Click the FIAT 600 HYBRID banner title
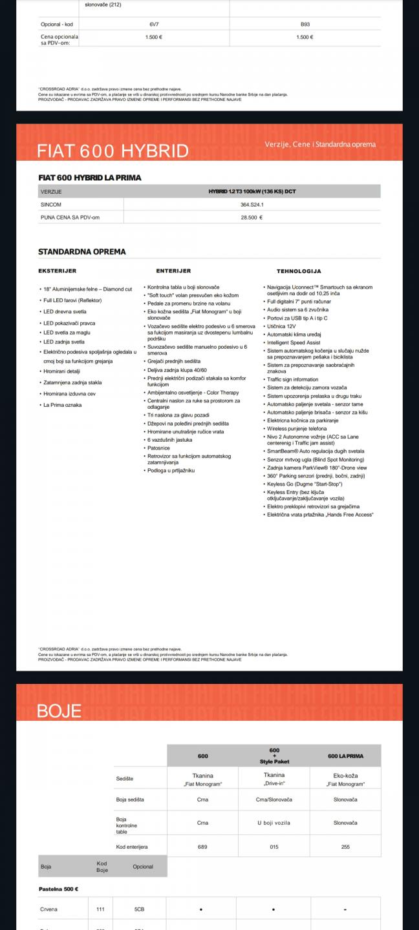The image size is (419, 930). click(113, 150)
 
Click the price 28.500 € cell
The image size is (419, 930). click(252, 218)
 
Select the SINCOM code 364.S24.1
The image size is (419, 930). click(252, 205)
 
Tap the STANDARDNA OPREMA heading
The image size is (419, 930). click(82, 252)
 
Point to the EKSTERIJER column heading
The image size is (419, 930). click(58, 271)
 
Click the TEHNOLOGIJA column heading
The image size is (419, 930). click(299, 271)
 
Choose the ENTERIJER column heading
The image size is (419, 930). click(173, 271)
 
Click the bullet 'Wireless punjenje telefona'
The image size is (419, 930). click(297, 428)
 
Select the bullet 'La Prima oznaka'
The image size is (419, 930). click(62, 405)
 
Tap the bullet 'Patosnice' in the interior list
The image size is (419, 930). click(159, 448)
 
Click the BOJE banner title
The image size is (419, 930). click(59, 711)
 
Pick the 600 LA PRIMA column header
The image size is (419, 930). click(346, 756)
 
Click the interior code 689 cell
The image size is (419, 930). click(202, 846)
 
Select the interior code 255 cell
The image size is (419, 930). click(346, 846)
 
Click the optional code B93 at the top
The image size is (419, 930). click(305, 24)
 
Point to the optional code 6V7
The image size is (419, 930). click(154, 24)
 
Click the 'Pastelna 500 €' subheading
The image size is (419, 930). click(59, 889)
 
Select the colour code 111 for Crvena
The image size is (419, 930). click(100, 909)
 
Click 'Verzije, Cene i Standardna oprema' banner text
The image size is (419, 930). click(320, 144)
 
